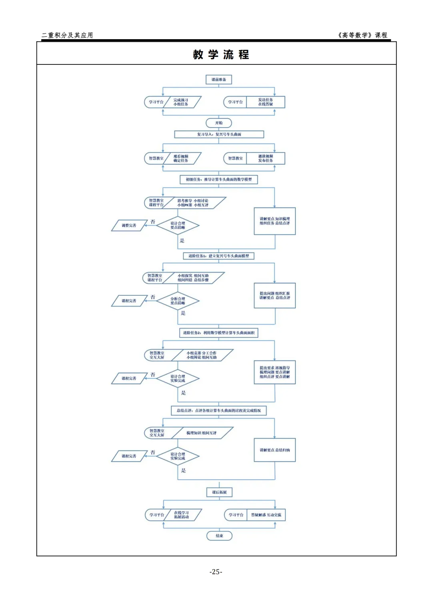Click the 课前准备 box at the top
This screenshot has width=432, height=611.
[219, 80]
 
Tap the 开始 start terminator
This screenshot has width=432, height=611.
[219, 123]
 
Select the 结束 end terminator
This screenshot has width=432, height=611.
[219, 536]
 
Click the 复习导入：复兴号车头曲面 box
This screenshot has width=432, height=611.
[219, 134]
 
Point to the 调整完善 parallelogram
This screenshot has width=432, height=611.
[129, 226]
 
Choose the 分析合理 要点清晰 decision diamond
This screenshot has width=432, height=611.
[178, 301]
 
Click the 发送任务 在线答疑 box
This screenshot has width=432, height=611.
[266, 102]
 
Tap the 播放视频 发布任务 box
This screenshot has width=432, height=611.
[266, 158]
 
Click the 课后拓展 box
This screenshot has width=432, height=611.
[219, 492]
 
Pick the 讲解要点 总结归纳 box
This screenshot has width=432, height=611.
[275, 450]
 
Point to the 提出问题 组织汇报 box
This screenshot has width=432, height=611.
[275, 296]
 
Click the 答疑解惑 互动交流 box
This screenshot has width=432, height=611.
[266, 515]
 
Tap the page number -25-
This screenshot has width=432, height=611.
[216, 572]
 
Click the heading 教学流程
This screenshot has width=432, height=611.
[221, 54]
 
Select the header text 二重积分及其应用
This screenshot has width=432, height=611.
[67, 35]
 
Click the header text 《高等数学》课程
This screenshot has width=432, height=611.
[362, 35]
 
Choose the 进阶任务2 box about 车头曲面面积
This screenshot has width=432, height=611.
[219, 333]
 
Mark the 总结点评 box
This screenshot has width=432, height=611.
[219, 411]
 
